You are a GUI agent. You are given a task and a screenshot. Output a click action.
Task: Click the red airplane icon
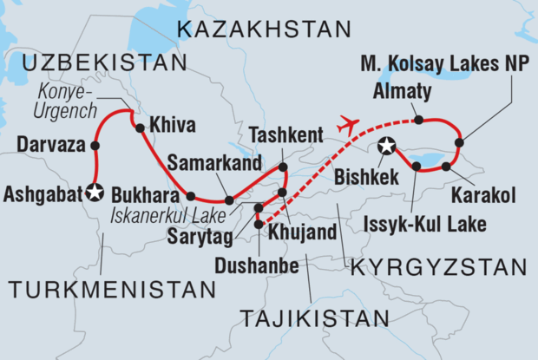pos(347,123)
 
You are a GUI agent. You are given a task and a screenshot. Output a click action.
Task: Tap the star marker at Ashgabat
pos(95,192)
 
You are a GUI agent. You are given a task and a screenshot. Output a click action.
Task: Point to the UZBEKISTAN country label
pos(105,63)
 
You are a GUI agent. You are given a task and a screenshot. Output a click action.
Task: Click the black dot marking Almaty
pos(419,120)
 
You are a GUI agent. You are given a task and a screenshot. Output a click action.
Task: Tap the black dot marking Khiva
pos(140,128)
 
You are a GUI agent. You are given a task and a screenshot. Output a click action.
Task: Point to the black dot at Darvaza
pos(95,145)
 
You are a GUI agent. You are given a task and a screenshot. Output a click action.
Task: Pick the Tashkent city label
pos(286,134)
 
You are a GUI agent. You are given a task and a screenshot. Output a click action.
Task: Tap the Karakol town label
pos(475,187)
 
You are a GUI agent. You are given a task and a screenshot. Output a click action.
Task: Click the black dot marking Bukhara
pos(191,195)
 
